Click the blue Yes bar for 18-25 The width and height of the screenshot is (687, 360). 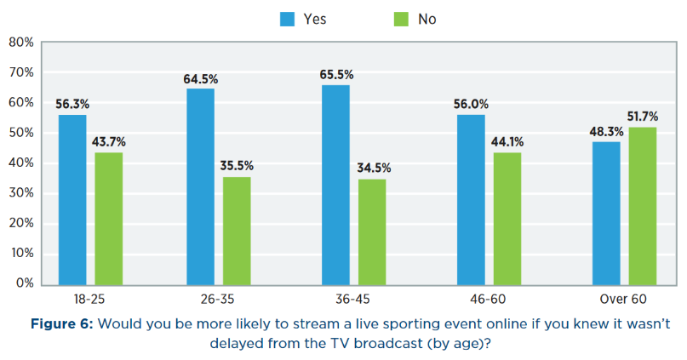[x=72, y=198]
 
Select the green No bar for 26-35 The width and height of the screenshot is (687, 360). [x=237, y=230]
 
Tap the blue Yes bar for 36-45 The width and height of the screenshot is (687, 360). [x=335, y=184]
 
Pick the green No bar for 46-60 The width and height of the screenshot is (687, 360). [x=506, y=217]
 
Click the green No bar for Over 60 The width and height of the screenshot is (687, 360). [x=643, y=205]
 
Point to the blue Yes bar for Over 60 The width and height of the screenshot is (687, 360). [x=606, y=212]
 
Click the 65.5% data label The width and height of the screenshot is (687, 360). [x=335, y=75]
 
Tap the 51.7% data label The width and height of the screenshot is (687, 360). [x=644, y=116]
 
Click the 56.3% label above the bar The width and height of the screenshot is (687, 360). [x=72, y=104]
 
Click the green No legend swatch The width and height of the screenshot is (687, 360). [x=400, y=19]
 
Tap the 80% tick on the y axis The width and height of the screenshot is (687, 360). [x=20, y=43]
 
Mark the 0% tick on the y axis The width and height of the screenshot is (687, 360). [x=24, y=283]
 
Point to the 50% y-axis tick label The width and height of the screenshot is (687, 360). [x=20, y=133]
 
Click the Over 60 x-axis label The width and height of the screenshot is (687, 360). [x=624, y=300]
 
